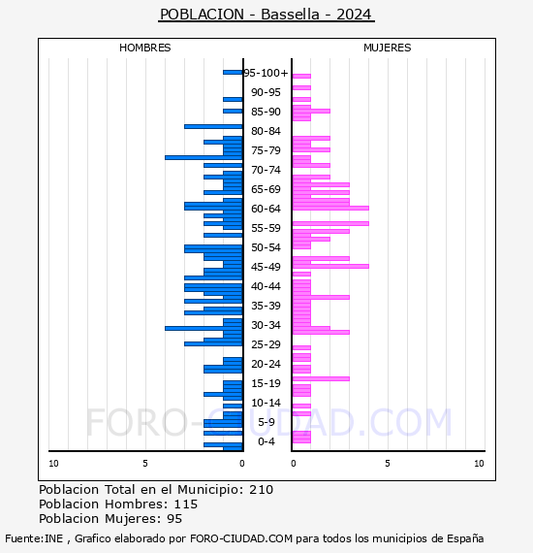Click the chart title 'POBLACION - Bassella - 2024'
coord(266,15)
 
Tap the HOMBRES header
coord(144,48)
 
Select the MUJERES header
coord(388,48)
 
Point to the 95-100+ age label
coord(266,73)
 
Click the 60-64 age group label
coord(266,209)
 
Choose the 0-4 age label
coord(266,441)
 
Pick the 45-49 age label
coord(266,267)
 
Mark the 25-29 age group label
coord(266,344)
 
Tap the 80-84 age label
coord(266,131)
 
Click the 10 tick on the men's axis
coord(53,463)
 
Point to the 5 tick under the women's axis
coord(388,463)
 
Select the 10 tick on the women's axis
coord(479,463)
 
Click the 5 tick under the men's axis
coord(145,463)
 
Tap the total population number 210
coord(261,490)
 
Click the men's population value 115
coord(186,504)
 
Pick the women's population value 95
coord(174,518)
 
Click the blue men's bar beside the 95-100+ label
coord(233,73)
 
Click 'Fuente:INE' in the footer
coord(34,538)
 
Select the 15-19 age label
coord(266,383)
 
